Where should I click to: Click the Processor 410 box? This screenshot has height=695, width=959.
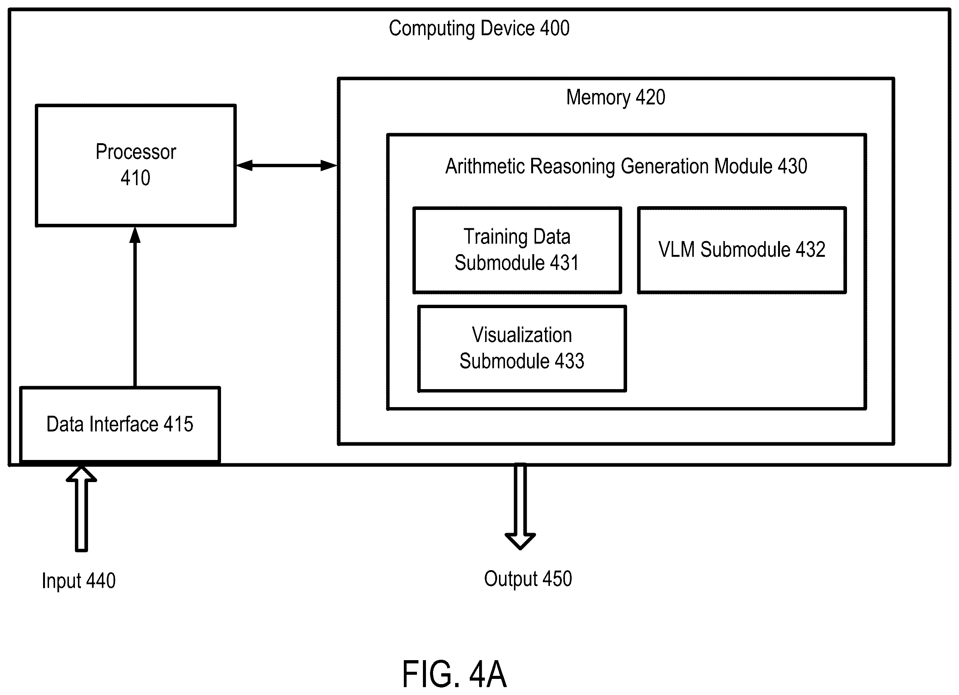(136, 165)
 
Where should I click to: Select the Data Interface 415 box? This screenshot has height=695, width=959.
(120, 424)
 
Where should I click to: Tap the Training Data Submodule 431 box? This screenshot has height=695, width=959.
(517, 250)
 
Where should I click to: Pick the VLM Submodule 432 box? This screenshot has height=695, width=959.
(742, 250)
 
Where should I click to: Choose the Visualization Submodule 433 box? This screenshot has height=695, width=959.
(522, 349)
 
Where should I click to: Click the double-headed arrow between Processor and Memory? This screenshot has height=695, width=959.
(287, 165)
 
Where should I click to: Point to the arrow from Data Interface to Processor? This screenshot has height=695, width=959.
(135, 307)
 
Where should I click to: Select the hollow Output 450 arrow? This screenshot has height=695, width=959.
(520, 506)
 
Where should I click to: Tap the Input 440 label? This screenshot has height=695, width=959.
(79, 580)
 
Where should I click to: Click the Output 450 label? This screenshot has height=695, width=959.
(528, 579)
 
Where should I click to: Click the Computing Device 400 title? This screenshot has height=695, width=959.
(479, 29)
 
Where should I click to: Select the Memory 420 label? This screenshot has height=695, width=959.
(615, 97)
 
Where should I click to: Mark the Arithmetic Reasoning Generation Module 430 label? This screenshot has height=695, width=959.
(626, 166)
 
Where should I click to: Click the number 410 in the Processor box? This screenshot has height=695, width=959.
(135, 178)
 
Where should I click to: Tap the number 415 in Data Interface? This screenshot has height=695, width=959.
(178, 424)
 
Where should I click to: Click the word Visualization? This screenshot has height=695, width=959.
(522, 335)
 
